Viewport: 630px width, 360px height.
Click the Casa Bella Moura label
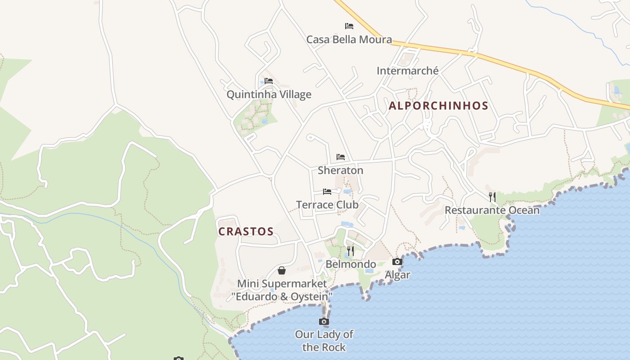coord(349,40)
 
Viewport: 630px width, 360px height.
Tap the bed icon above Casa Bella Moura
coord(349,26)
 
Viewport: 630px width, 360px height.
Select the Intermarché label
coord(407,71)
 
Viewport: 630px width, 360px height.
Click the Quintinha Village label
coord(269,94)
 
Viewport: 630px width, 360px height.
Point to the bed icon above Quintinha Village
coord(269,81)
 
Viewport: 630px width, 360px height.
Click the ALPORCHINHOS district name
coord(438,106)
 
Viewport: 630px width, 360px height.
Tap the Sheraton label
coord(340,171)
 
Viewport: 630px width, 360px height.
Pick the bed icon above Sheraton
coord(341,157)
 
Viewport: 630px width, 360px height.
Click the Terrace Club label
coord(327,205)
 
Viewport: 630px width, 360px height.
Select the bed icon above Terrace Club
coord(327,192)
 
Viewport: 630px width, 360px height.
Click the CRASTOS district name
coord(246,232)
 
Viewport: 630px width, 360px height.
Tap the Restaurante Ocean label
coord(492,210)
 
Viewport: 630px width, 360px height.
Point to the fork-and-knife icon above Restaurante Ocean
coord(492,197)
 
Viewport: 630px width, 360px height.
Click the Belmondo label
coord(351,264)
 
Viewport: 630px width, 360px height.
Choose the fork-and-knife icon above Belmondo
coord(351,251)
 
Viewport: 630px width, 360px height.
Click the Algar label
coord(397,275)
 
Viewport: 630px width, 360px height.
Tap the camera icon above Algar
coord(397,261)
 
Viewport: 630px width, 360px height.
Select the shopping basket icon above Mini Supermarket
coord(282,270)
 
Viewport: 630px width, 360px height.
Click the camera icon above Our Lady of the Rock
coord(324,321)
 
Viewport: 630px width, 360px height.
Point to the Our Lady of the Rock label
coord(324,341)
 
